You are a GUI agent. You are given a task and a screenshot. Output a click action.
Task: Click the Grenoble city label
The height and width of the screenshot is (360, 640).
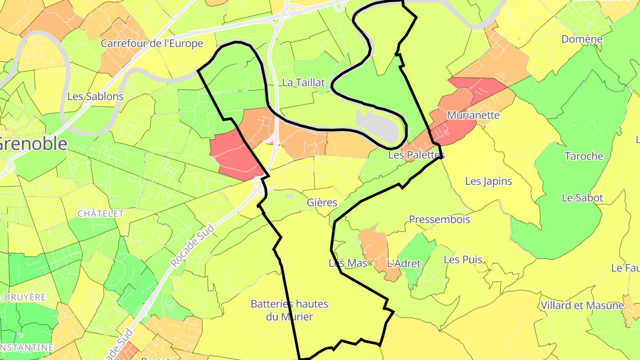point(34,144)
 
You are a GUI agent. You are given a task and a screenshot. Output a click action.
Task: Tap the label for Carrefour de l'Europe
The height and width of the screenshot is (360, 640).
point(152,44)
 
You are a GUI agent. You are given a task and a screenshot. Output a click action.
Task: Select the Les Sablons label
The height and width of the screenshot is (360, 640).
point(95,96)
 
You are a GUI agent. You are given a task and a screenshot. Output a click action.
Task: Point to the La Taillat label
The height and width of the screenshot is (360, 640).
point(304,83)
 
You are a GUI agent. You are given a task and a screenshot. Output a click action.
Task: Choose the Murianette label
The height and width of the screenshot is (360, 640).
point(473,116)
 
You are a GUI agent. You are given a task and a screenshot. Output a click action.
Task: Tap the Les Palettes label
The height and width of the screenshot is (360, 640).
point(416,155)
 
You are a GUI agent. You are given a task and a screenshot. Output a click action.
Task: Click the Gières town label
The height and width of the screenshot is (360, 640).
point(322,203)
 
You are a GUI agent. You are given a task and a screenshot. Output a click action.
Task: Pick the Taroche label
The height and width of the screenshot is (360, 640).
point(584,156)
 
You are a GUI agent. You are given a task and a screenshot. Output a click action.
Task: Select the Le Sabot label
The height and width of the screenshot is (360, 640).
point(583,198)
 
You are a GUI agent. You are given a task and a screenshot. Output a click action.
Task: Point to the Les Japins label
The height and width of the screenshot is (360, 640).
point(489,181)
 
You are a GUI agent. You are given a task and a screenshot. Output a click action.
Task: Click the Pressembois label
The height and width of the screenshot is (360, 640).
point(440,220)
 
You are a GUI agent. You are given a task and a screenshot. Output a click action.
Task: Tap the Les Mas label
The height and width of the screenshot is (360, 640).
point(348,263)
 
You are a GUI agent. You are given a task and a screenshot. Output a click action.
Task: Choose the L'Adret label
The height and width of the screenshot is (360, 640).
point(404,264)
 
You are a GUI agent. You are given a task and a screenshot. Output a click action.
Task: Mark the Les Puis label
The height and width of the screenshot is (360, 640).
point(463,260)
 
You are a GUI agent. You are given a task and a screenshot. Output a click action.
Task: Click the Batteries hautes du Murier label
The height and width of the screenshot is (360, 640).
point(290,310)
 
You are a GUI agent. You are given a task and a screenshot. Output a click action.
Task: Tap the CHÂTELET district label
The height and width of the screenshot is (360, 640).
point(101,214)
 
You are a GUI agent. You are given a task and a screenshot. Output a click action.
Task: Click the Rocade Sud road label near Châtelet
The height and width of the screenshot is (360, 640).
point(192,246)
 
